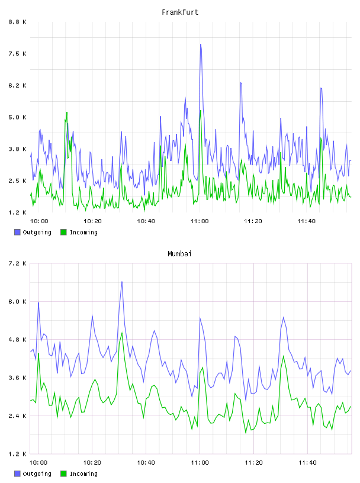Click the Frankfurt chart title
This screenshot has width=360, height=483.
click(x=180, y=12)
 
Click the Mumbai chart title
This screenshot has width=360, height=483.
click(x=179, y=254)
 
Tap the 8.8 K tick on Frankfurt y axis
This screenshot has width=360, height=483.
click(x=17, y=22)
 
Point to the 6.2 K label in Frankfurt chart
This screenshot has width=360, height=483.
click(x=17, y=85)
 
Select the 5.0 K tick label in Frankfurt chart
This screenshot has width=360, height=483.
click(x=17, y=117)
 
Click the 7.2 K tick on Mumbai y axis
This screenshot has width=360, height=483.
click(x=17, y=263)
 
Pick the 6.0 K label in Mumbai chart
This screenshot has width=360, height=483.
click(x=17, y=301)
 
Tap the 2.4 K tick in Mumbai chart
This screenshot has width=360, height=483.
click(x=17, y=416)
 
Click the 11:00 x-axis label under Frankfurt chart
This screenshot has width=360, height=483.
click(x=200, y=221)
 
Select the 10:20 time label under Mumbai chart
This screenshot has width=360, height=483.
click(x=92, y=462)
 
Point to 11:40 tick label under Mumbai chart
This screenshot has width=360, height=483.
click(x=307, y=462)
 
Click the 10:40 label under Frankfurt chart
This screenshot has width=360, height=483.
click(x=146, y=221)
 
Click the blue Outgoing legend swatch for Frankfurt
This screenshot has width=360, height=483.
click(x=17, y=232)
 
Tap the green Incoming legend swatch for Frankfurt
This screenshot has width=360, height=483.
click(x=63, y=232)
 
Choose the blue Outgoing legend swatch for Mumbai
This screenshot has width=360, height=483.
click(x=17, y=474)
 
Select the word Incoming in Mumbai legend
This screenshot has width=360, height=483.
click(x=83, y=474)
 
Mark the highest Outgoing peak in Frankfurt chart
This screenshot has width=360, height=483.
click(x=201, y=44)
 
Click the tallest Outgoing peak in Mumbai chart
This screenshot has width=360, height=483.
click(x=122, y=282)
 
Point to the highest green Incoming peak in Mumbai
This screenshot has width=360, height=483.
click(x=122, y=333)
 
